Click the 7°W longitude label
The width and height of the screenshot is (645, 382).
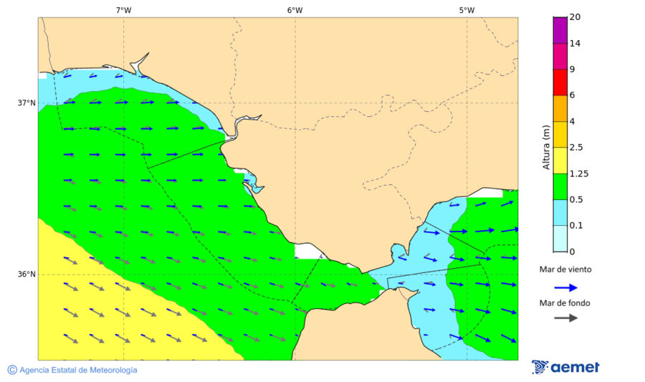click(x=123, y=10)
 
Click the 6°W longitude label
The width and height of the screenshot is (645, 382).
click(x=295, y=10)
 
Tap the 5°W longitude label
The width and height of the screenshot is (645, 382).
click(x=467, y=10)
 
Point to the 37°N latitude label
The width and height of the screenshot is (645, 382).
click(x=27, y=102)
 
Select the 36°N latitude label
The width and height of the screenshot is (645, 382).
click(x=27, y=274)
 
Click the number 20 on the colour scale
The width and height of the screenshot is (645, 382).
click(x=575, y=17)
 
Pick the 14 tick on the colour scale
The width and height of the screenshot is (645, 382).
click(x=575, y=44)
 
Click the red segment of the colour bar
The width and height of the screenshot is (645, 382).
click(x=560, y=82)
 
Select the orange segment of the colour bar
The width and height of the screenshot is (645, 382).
click(x=560, y=108)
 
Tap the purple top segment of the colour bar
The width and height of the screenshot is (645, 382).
click(x=560, y=30)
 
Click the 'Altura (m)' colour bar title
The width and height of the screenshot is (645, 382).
click(x=546, y=148)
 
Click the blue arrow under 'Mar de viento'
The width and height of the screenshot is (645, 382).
click(x=566, y=287)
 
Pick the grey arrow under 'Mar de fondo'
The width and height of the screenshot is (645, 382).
click(x=566, y=317)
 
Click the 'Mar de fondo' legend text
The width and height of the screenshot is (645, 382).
click(x=565, y=302)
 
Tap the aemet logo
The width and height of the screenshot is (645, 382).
click(x=566, y=367)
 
